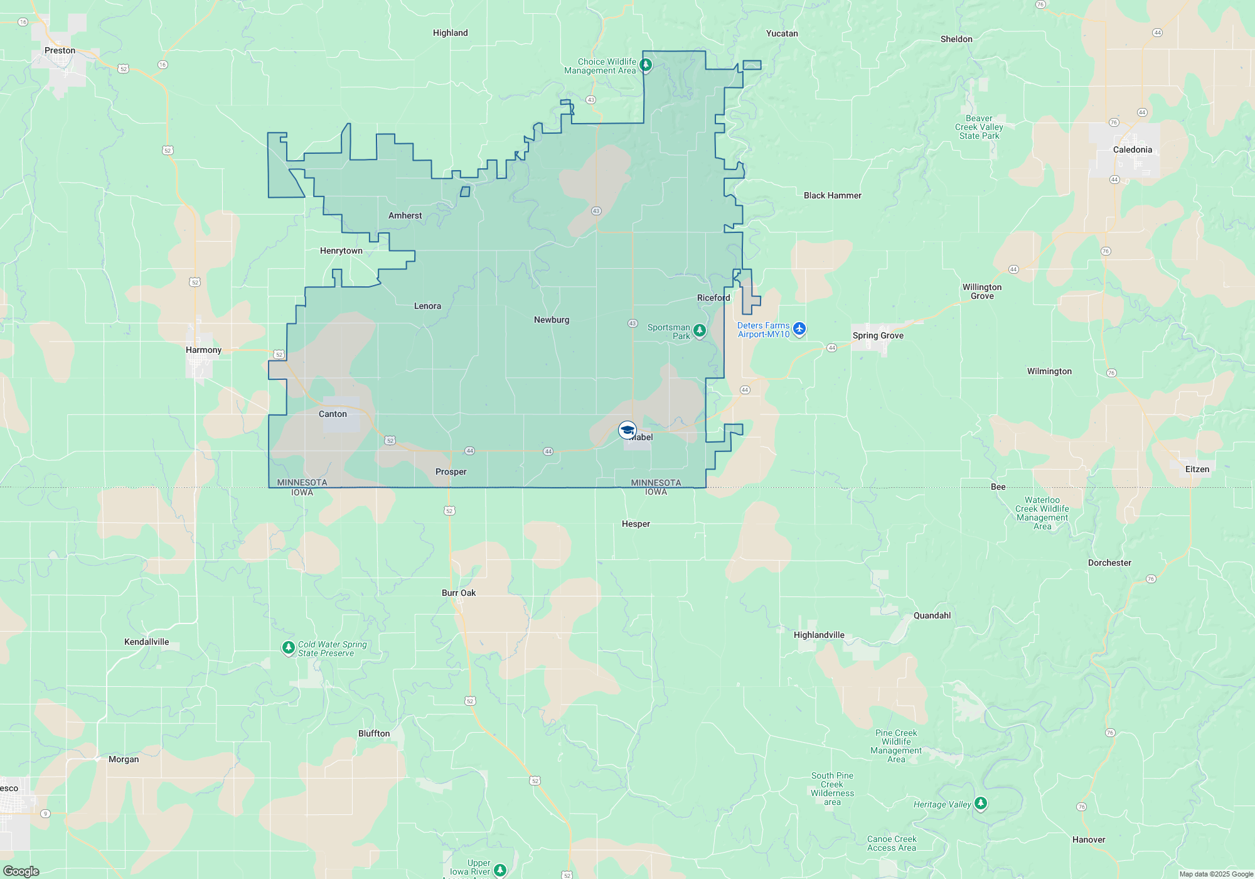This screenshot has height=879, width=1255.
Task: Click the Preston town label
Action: click(60, 51)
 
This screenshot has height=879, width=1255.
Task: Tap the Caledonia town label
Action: click(1132, 150)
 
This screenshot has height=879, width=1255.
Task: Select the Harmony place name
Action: click(203, 350)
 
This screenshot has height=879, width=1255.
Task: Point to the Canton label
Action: click(333, 414)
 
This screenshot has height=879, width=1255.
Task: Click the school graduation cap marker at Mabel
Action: click(627, 430)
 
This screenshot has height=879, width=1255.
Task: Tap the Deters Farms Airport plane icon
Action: click(799, 328)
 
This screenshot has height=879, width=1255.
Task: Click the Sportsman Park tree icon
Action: click(700, 330)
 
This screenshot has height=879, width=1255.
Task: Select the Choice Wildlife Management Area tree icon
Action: click(646, 64)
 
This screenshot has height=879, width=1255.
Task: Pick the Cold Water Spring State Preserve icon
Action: click(288, 647)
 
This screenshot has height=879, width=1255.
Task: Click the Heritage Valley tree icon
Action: click(981, 803)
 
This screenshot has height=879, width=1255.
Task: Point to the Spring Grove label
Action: click(878, 336)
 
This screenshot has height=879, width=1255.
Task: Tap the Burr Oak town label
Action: click(459, 593)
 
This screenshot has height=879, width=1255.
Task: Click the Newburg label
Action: click(552, 320)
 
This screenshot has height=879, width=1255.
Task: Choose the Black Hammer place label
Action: click(832, 196)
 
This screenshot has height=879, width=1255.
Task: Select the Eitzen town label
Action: click(1197, 470)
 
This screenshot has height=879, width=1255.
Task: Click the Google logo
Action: click(21, 871)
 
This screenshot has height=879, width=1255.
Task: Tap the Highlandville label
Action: click(819, 635)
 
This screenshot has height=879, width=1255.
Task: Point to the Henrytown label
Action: click(341, 251)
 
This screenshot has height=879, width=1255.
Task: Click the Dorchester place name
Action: click(1109, 563)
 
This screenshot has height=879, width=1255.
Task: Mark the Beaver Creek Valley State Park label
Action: click(979, 127)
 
